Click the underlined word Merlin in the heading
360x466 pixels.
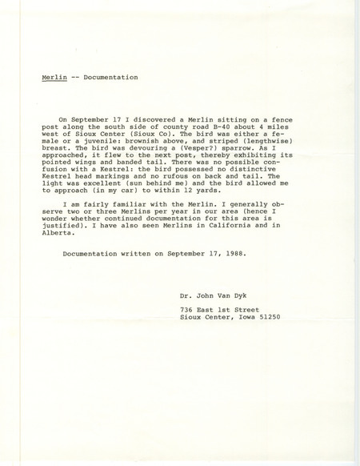[53, 78]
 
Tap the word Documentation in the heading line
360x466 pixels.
[111, 78]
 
